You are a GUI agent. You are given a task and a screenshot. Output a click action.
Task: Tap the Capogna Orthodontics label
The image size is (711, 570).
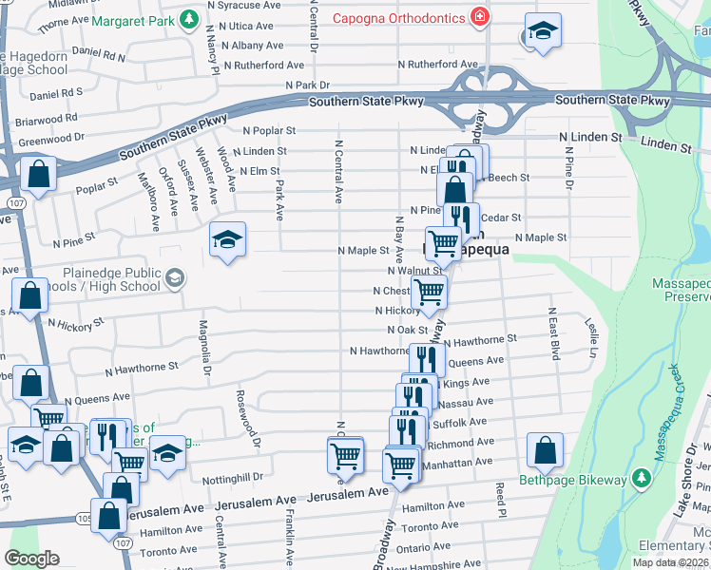click(399, 18)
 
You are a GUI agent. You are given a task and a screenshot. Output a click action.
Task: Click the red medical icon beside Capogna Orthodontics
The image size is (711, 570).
click(481, 17)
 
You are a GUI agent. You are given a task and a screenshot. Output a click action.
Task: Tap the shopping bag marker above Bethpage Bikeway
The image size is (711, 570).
click(546, 452)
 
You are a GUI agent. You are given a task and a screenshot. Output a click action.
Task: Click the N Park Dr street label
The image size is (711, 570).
click(307, 85)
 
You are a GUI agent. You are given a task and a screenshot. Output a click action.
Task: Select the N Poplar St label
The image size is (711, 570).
click(269, 131)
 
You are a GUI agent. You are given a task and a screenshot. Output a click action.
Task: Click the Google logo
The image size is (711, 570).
click(32, 559)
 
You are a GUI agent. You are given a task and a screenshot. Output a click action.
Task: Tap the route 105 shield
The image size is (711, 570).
click(84, 521)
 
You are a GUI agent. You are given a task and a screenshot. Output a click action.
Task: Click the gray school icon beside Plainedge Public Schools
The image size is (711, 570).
click(174, 277)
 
